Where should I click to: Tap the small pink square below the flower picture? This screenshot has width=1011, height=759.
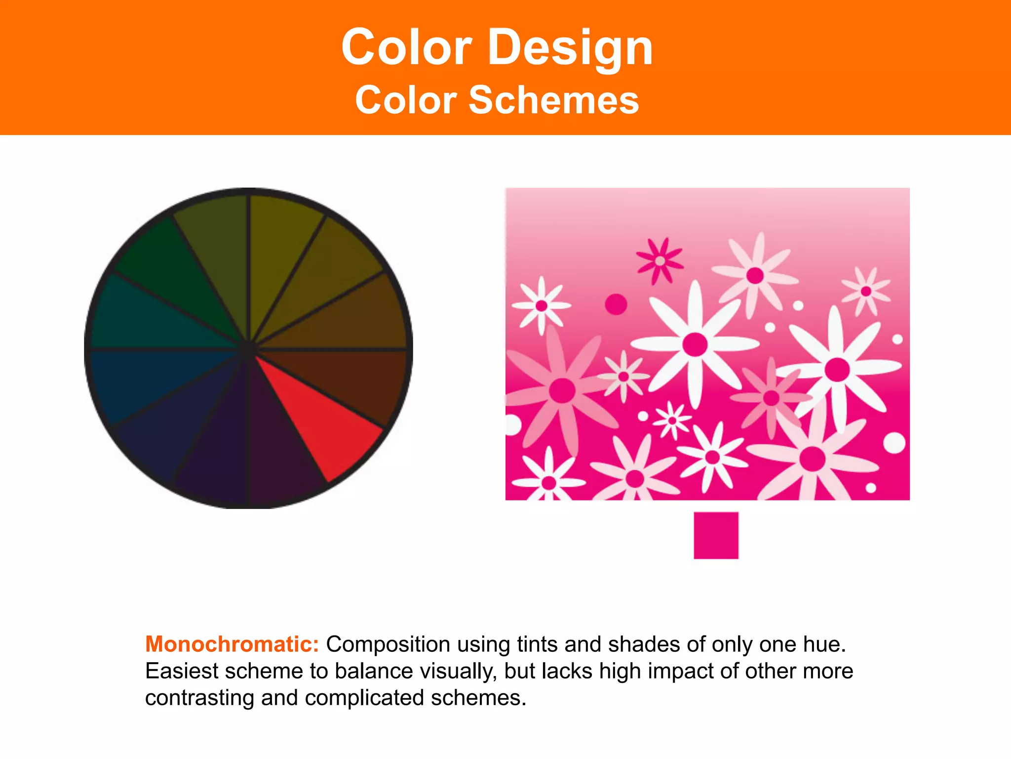pyautogui.click(x=716, y=535)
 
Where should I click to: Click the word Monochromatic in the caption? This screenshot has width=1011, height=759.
pyautogui.click(x=232, y=644)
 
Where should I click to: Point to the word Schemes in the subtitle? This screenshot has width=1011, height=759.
pyautogui.click(x=553, y=100)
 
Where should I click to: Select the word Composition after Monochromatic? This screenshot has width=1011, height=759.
pyautogui.click(x=388, y=644)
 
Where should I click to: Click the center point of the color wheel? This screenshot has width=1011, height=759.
pyautogui.click(x=248, y=349)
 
